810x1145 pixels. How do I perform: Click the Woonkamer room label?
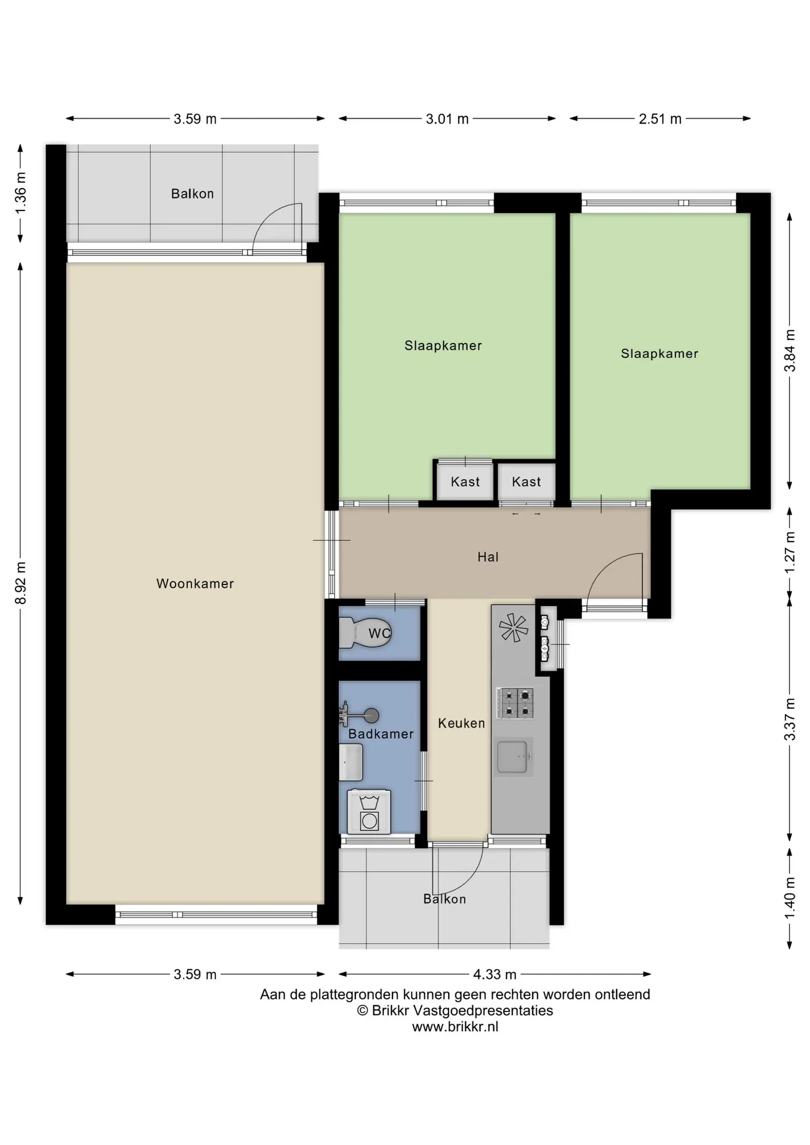[195, 584]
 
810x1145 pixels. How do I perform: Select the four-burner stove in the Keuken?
[515, 703]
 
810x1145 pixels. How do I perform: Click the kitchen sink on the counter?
[514, 757]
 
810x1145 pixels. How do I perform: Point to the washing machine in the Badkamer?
[369, 811]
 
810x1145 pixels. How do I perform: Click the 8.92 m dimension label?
[21, 583]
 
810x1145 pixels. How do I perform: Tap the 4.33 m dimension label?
[494, 974]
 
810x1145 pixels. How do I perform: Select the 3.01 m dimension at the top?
[447, 119]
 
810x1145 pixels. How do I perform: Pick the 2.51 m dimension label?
[660, 119]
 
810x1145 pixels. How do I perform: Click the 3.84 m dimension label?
[790, 351]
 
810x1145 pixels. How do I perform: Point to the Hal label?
[488, 557]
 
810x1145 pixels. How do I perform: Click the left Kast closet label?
[465, 482]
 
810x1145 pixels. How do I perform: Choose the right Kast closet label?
[526, 482]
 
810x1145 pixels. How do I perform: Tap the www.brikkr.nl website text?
[455, 1027]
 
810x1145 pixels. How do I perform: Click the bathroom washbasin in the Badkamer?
[351, 762]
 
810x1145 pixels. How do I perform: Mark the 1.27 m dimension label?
[790, 552]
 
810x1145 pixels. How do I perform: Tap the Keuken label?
[461, 723]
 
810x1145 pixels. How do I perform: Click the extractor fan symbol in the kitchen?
[514, 628]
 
